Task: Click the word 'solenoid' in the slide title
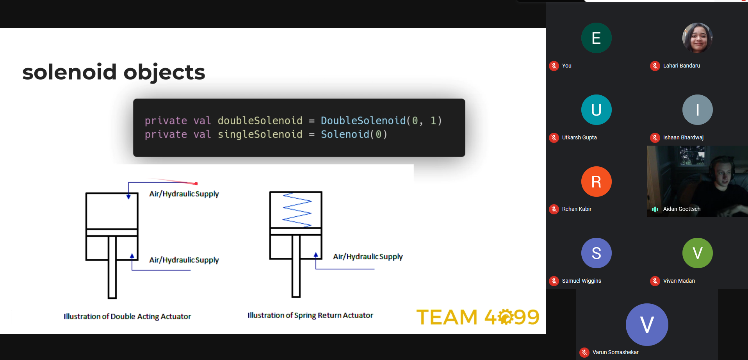(70, 72)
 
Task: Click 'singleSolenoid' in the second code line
(260, 134)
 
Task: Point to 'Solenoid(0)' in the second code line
(354, 134)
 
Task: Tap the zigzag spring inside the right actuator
(297, 210)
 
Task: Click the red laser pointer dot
(196, 184)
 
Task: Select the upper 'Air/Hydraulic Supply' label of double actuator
(184, 194)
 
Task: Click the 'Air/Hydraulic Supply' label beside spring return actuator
(368, 257)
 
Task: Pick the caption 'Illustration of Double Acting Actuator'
(127, 316)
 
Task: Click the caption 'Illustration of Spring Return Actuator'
(310, 315)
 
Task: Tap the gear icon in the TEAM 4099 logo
(506, 317)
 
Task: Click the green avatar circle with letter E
(596, 38)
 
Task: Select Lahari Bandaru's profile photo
(697, 38)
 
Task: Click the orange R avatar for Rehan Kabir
(596, 182)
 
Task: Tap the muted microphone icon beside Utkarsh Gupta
(554, 137)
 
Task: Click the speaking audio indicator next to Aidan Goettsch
(655, 209)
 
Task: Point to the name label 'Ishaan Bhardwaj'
(683, 137)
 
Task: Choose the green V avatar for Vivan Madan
(697, 253)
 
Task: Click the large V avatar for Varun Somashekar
(647, 324)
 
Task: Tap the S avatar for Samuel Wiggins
(596, 253)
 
